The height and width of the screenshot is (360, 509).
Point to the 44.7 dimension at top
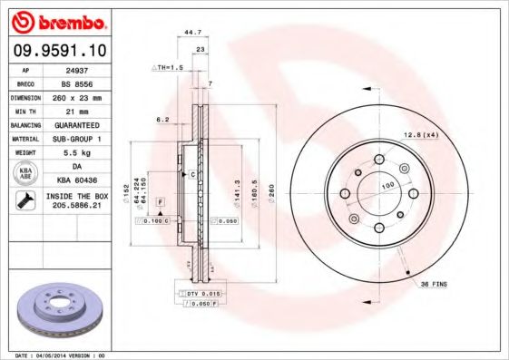(x=192, y=33)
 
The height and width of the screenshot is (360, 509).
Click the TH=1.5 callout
(x=167, y=68)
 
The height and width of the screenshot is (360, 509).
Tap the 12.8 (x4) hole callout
(x=420, y=135)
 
